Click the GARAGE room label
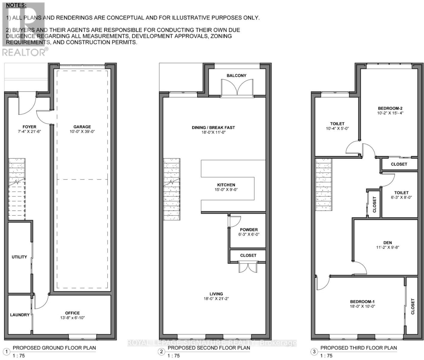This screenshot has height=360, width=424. [82, 127]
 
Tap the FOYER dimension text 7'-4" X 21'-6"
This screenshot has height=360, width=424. [29, 132]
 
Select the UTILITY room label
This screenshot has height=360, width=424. [19, 257]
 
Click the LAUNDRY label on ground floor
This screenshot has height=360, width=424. [20, 315]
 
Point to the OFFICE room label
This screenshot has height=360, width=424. [73, 313]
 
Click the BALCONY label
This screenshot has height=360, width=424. [236, 76]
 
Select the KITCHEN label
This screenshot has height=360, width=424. [226, 185]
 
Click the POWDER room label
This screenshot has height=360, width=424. [249, 229]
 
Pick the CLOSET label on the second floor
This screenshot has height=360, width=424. [248, 255]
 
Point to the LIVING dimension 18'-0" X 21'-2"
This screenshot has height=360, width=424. [216, 299]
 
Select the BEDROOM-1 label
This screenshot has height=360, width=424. [362, 301]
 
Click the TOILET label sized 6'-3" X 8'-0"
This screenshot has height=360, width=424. [401, 193]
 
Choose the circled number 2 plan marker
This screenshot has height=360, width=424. [162, 352]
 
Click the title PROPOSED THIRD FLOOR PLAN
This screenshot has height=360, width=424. [358, 348]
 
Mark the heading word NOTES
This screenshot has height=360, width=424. [16, 5]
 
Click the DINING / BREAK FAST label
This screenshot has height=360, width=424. [213, 127]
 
